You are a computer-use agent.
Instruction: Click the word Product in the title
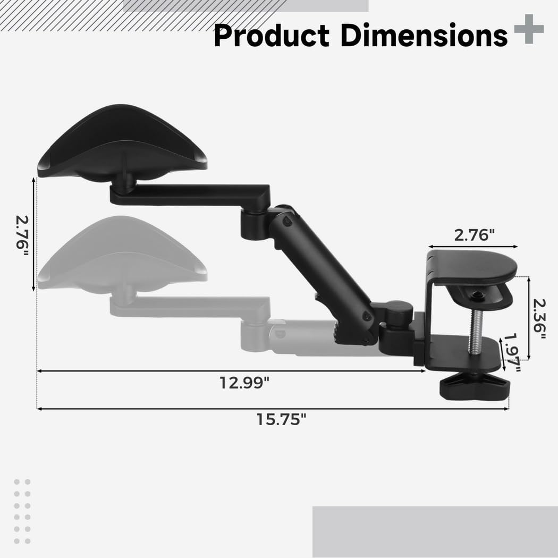(271, 36)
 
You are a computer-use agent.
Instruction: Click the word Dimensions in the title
(423, 36)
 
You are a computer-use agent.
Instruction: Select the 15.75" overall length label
(282, 419)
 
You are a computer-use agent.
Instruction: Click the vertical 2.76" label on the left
(22, 235)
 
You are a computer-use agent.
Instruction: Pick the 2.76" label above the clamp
(474, 235)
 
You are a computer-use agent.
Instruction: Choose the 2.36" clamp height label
(539, 318)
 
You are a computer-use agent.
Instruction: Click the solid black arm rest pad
(122, 141)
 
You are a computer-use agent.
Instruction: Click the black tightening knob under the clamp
(474, 386)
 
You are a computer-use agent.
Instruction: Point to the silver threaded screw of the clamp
(476, 332)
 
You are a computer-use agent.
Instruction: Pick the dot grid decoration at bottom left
(22, 511)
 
